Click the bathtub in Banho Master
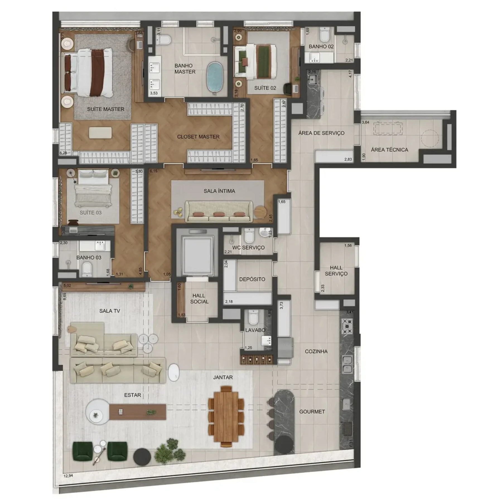point(214,76)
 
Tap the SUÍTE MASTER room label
point(105,109)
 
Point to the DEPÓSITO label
point(252,279)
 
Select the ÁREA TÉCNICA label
point(389,150)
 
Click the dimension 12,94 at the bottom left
point(68,476)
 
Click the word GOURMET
point(312,412)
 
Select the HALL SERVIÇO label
point(336,271)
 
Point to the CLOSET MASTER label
point(198,137)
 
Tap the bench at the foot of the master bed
point(100,133)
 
